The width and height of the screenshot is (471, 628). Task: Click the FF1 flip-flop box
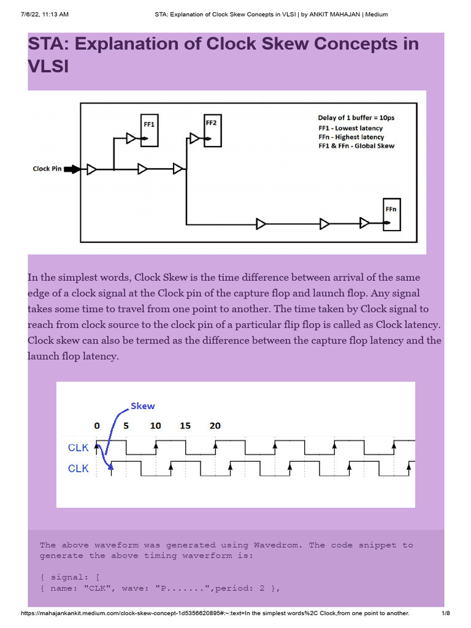point(149,130)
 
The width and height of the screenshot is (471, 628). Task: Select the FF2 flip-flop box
point(212,129)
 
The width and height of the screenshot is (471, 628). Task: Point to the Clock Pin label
point(47,169)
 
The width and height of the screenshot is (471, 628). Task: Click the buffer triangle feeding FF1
point(131,139)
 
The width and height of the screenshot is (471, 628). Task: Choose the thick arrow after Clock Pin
point(72,169)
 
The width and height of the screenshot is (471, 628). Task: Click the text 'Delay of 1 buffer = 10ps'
point(351,118)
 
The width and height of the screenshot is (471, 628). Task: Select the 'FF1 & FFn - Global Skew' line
point(356,146)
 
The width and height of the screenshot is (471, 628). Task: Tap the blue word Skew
point(143,406)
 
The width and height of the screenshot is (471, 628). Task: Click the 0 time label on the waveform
point(97,426)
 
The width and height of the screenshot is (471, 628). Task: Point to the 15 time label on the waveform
point(185,426)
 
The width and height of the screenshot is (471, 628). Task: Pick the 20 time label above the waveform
point(215,426)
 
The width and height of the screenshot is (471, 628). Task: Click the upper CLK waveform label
point(78,448)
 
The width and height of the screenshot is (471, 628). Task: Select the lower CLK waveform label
point(78,469)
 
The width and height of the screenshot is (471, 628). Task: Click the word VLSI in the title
point(48,67)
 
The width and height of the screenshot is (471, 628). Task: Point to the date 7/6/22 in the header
point(17,13)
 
